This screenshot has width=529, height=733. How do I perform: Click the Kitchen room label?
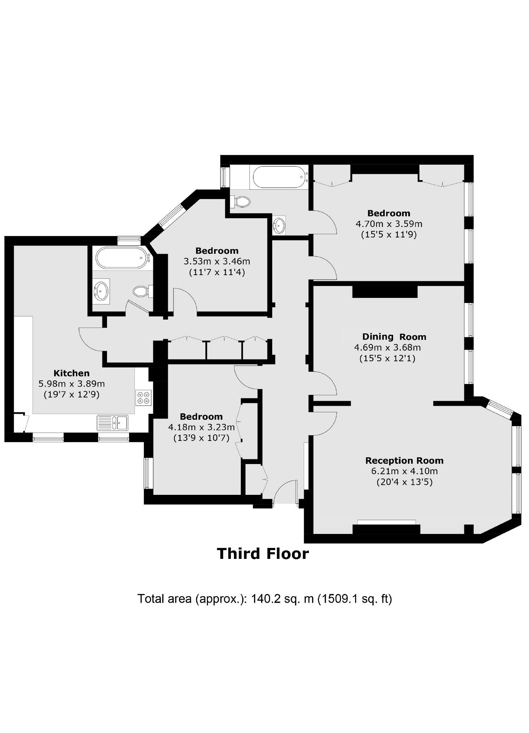click(71, 373)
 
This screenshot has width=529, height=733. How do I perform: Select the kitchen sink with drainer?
click(112, 423)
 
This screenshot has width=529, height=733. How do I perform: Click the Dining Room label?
click(394, 337)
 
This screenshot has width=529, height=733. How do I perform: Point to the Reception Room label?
click(404, 461)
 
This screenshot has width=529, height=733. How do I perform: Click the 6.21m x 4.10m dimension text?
click(404, 471)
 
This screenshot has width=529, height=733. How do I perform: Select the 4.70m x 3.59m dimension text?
click(389, 224)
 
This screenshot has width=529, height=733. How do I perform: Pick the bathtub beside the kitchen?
click(121, 257)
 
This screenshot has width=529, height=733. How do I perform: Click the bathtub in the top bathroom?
click(279, 177)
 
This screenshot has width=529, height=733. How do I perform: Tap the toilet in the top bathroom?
click(241, 202)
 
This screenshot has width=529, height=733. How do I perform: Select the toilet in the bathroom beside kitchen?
click(142, 291)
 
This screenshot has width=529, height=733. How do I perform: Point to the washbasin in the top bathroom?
click(279, 225)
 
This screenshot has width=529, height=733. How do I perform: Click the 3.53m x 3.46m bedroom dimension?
click(217, 261)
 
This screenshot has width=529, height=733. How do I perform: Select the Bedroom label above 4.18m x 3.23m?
click(201, 417)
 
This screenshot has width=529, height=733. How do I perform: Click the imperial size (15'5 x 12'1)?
click(387, 358)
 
